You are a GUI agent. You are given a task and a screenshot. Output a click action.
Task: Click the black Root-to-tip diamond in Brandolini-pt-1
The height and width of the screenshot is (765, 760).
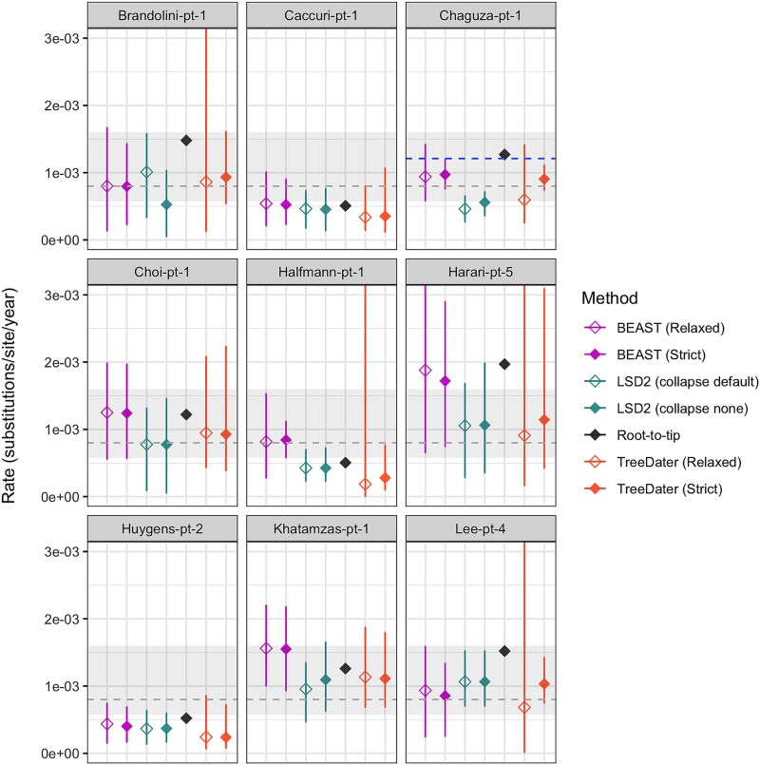[x=186, y=141]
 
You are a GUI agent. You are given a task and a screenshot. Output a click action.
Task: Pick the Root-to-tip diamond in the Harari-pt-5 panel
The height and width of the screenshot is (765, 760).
[x=504, y=364]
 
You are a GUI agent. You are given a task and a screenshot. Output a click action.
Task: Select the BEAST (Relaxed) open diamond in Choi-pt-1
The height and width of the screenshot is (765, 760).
[x=106, y=412]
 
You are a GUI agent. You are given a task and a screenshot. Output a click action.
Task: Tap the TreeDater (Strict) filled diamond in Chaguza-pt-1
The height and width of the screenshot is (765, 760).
[x=543, y=180]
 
